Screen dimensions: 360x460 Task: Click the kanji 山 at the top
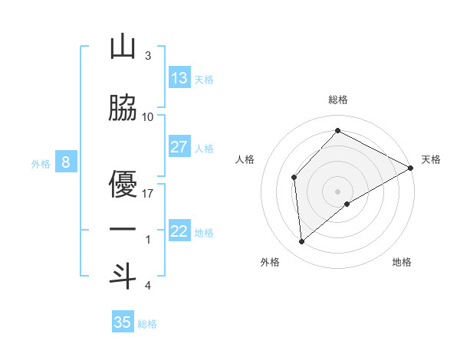[123, 47]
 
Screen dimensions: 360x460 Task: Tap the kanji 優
[123, 184]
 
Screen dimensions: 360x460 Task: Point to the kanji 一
[123, 230]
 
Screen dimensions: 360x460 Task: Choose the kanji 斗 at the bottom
[123, 276]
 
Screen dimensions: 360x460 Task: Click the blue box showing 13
[179, 78]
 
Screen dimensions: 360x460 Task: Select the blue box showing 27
[179, 147]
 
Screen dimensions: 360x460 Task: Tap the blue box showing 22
[179, 231]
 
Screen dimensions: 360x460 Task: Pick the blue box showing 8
[66, 162]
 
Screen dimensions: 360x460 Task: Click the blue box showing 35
[123, 322]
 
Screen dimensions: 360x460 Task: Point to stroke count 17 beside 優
[149, 193]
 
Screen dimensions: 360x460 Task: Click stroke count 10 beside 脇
[149, 116]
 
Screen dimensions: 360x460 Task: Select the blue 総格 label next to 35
[147, 323]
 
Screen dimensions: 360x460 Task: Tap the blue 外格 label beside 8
[41, 163]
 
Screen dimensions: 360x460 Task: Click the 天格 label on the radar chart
[431, 159]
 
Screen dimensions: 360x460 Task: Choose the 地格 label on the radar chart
[402, 262]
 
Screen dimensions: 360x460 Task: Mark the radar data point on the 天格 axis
[411, 168]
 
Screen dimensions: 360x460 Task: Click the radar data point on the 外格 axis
[302, 242]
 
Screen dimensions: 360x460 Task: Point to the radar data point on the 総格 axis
[337, 130]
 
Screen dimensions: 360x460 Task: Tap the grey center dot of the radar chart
[337, 191]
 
